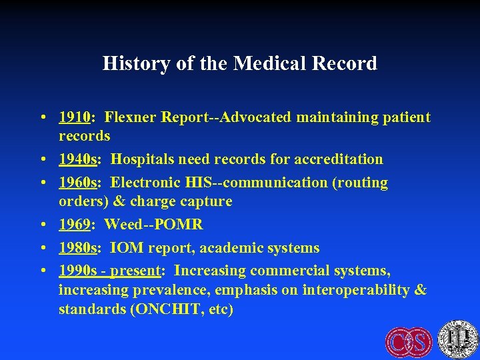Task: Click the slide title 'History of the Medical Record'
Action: pyautogui.click(x=240, y=63)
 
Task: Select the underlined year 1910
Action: pyautogui.click(x=74, y=118)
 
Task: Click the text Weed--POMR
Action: pyautogui.click(x=154, y=224)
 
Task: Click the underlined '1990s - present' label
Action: pyautogui.click(x=109, y=271)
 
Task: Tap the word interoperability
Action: pyautogui.click(x=357, y=289)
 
